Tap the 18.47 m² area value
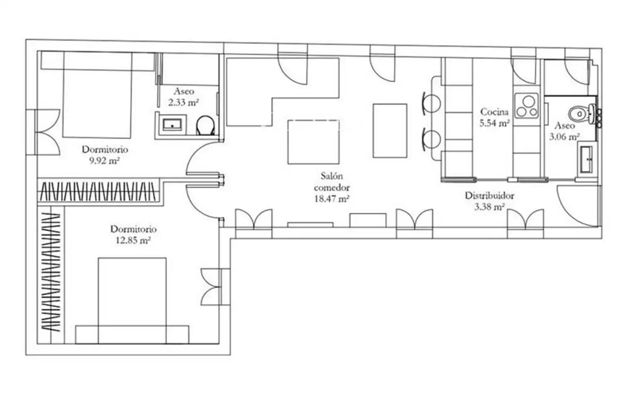332,199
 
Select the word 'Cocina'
494,112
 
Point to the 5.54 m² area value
495,123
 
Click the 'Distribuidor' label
490,195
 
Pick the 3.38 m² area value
490,207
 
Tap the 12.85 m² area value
133,240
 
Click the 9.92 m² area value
104,161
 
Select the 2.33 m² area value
184,103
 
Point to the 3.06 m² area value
564,137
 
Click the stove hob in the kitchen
527,106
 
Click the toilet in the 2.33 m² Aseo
205,125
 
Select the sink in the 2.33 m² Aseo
172,124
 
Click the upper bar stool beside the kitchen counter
431,103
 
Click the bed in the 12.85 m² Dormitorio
132,301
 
